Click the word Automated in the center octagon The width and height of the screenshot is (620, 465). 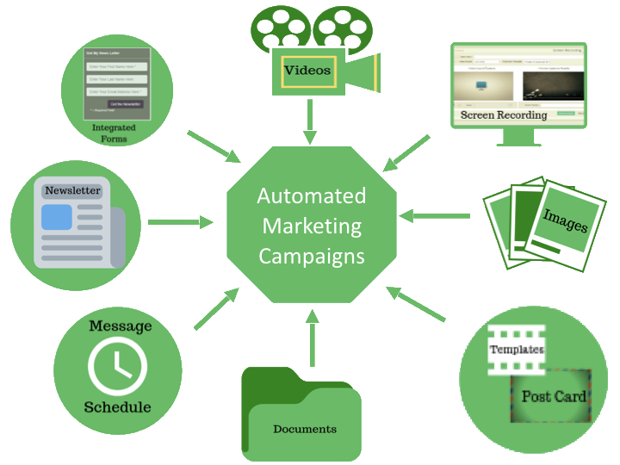coord(311,196)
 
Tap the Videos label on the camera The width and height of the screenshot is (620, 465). coord(307,71)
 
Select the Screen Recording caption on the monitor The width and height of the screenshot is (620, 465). coord(503,115)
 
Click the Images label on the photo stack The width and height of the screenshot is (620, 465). coord(565,221)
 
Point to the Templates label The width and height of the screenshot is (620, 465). coord(516,350)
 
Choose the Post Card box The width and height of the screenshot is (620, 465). coord(553,397)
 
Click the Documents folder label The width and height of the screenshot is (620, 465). coord(304,429)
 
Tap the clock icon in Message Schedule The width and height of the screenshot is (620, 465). coord(117,367)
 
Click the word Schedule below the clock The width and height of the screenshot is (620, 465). coord(117,406)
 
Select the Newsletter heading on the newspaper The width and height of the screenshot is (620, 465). coord(73,190)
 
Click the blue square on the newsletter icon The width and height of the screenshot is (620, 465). coord(57,218)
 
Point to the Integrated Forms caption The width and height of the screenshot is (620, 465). coord(114,133)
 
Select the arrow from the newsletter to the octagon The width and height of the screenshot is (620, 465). coord(179,222)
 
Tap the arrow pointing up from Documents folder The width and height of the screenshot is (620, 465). coord(311,340)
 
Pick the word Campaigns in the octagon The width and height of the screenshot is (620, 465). coord(311,256)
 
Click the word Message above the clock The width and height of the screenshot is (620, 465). coord(120,326)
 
